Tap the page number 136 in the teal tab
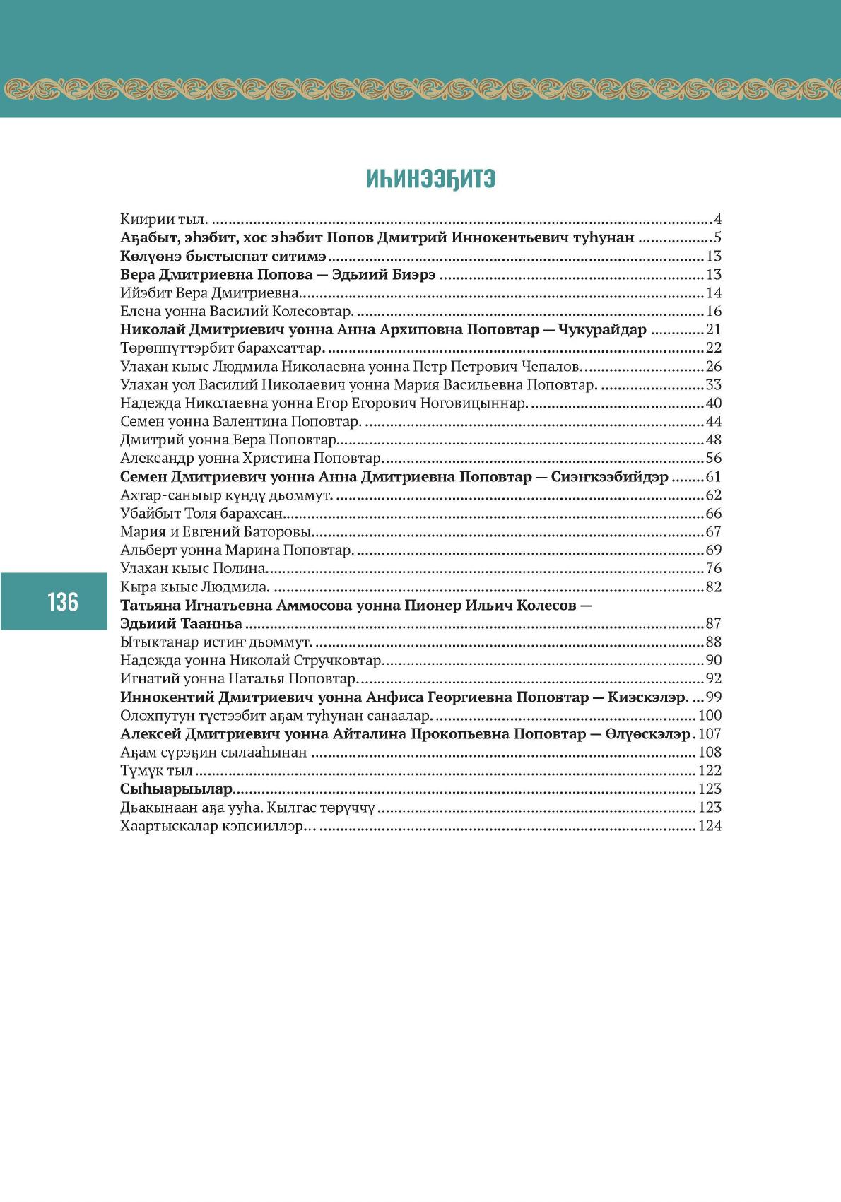62,602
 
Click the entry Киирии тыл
163,219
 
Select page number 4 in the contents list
717,219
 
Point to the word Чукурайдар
602,329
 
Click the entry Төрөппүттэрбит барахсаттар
222,348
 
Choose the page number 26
713,366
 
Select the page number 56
713,458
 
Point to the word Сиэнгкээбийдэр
609,476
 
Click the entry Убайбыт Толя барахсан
201,513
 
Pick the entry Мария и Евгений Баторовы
216,531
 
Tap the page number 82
713,587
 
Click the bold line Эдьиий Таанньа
181,623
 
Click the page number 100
710,715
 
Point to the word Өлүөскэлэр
647,733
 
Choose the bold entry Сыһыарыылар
176,789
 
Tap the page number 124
710,825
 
